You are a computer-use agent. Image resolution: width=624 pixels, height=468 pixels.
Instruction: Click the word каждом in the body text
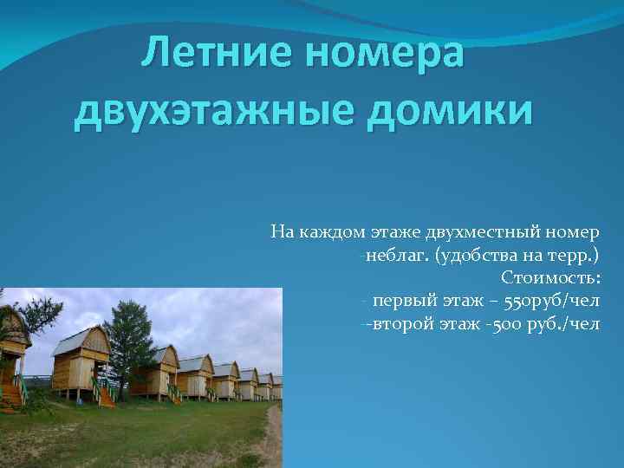[x=329, y=231]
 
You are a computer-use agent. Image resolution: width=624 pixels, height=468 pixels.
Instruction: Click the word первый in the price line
[x=405, y=301]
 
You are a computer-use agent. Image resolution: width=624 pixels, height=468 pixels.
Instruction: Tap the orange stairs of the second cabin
[x=104, y=395]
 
